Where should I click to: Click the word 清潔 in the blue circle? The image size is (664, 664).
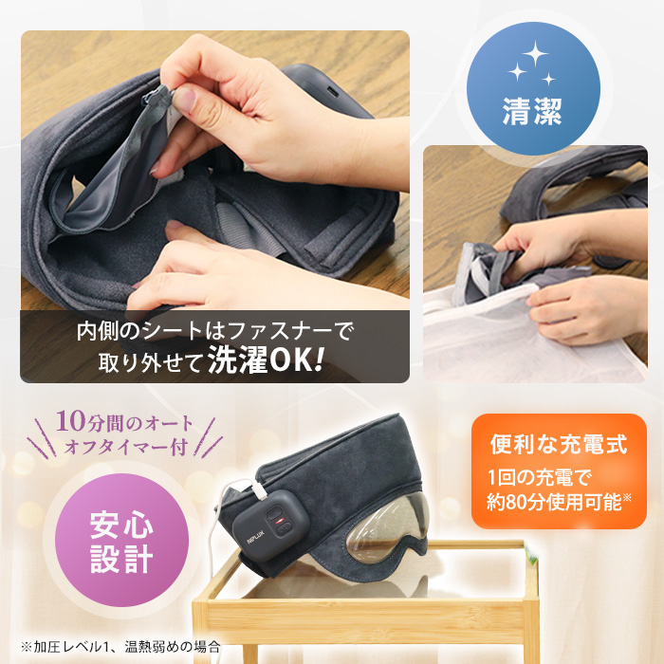(532, 113)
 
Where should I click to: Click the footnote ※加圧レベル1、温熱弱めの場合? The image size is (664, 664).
(120, 647)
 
